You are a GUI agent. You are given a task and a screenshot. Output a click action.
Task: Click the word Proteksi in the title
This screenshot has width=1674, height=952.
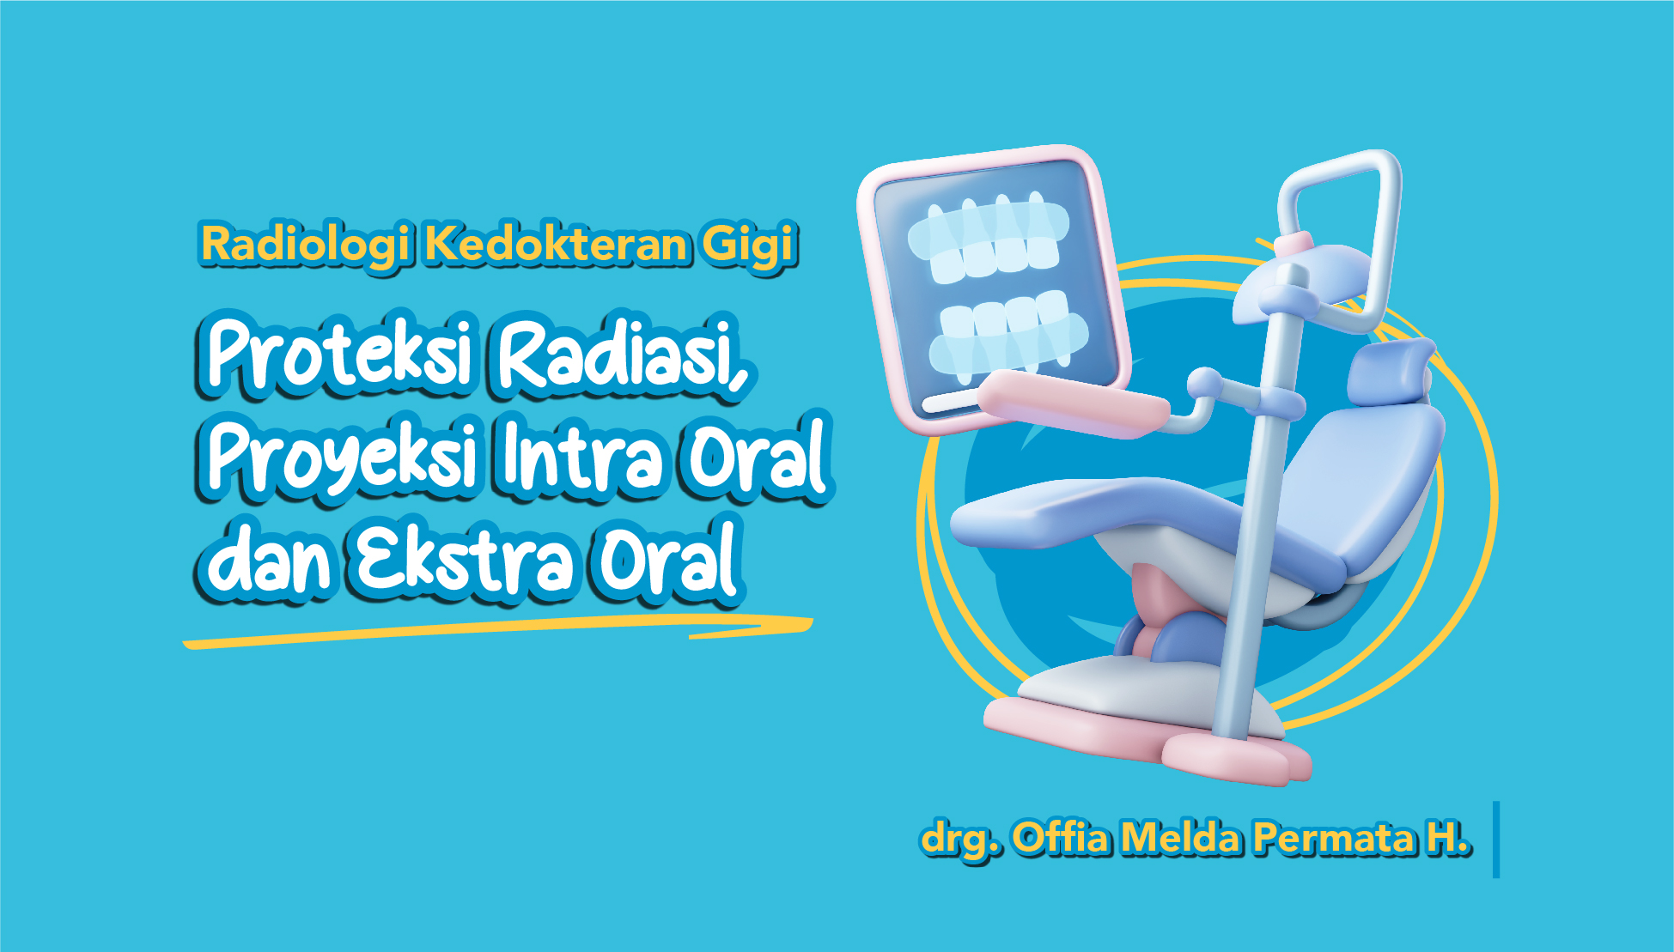point(339,354)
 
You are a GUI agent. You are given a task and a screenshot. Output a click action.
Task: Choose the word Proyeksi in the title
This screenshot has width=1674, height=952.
point(341,460)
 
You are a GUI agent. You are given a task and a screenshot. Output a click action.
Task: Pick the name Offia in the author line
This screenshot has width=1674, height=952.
point(1062,837)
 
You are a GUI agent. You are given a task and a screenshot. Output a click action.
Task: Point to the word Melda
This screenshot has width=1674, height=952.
point(1181,837)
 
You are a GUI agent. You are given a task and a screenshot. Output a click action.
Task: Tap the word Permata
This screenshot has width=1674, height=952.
point(1333,839)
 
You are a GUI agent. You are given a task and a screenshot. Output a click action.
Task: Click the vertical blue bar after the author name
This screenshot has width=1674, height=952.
point(1496,840)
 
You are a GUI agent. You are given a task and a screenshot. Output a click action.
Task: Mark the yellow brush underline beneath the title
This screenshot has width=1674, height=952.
point(498,631)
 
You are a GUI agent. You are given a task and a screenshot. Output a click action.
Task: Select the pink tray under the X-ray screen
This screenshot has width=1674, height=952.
point(1074,403)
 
